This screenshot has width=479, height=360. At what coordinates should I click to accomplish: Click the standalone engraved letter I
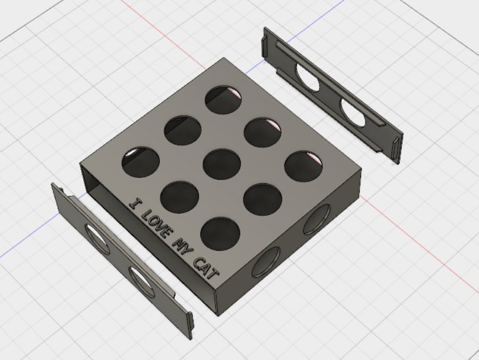point(136,203)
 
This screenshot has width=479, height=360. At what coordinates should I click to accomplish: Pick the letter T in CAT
point(213,274)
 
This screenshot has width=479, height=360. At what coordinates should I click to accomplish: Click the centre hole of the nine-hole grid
point(222,164)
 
